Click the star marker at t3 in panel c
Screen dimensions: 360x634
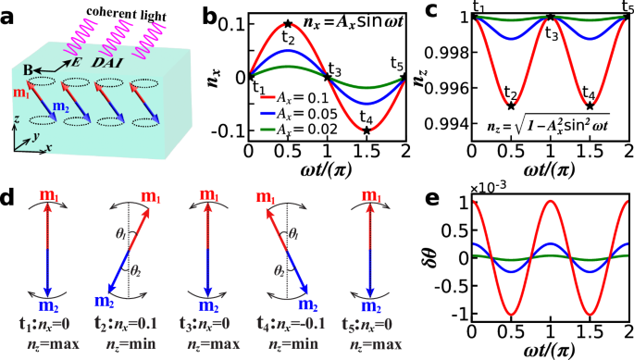point(551,17)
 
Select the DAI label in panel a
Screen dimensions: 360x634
point(109,57)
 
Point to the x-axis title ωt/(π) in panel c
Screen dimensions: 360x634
point(551,171)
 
